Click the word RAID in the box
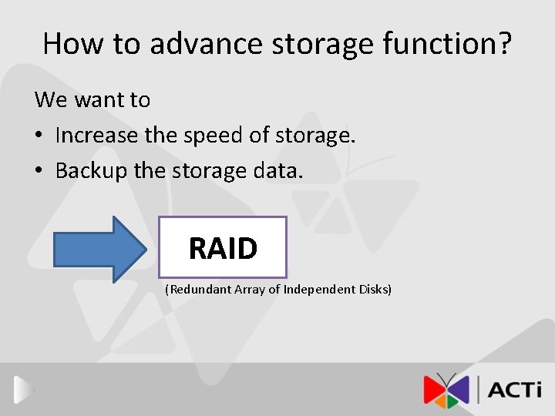pos(223,248)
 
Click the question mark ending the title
pos(505,44)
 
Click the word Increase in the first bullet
pos(97,136)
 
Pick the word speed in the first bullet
pos(213,136)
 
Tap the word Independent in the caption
pos(319,290)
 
